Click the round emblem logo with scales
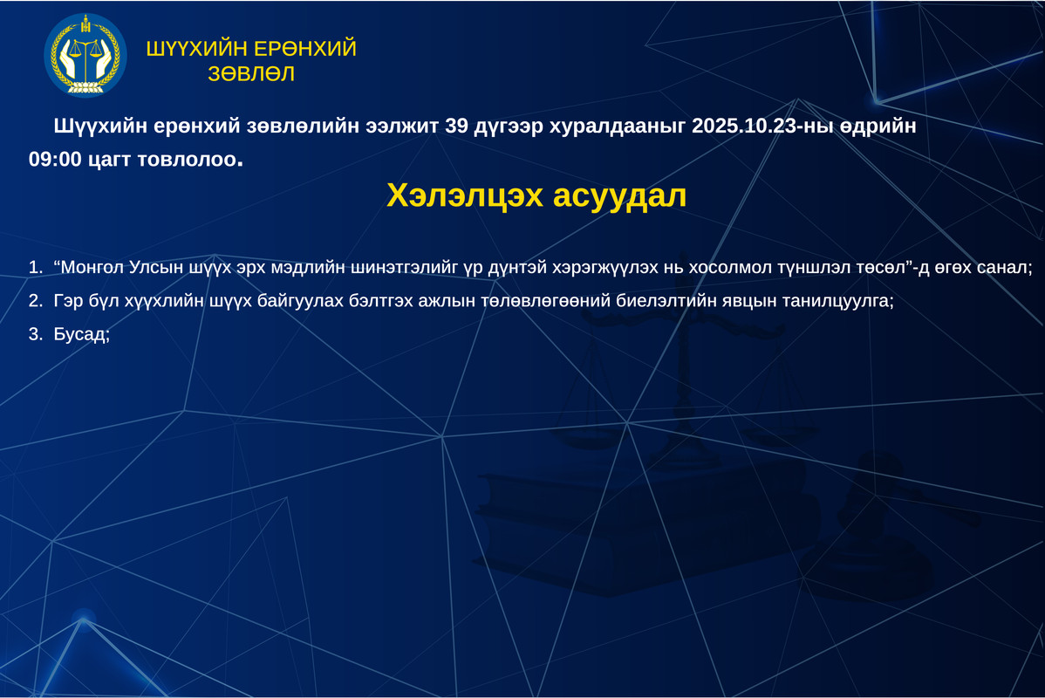click(x=85, y=55)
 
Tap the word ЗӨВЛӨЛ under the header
click(x=251, y=73)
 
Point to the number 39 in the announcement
click(x=456, y=126)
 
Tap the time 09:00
click(x=55, y=160)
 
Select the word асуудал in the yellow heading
click(x=620, y=196)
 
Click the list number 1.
click(x=35, y=267)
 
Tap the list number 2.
click(x=35, y=301)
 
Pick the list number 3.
click(x=35, y=334)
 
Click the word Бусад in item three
click(x=81, y=334)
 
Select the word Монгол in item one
click(x=90, y=267)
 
